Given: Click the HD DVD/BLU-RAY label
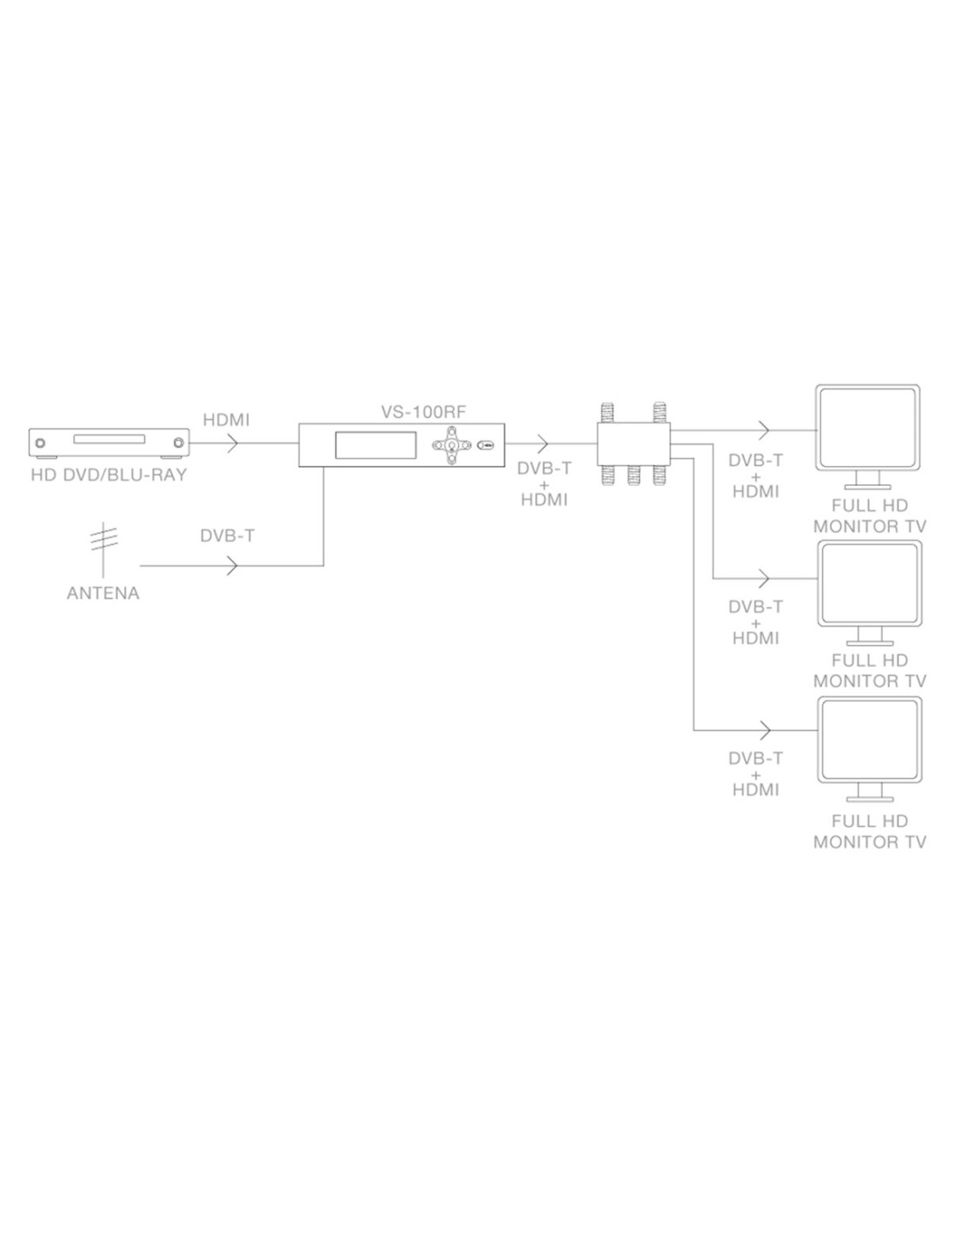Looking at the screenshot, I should [109, 475].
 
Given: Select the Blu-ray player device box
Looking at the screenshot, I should [109, 442].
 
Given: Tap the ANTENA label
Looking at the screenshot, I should [103, 594].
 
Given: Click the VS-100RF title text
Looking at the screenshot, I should [424, 412].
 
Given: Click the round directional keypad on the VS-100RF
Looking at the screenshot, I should [451, 445].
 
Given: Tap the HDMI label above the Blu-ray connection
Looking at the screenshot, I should [226, 420].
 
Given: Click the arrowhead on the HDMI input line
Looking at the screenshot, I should [232, 443].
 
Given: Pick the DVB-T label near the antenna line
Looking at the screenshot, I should [227, 536].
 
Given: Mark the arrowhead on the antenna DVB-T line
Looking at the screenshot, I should [232, 566].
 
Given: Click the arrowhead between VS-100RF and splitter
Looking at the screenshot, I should [543, 443].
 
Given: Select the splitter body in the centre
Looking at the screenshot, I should [634, 444].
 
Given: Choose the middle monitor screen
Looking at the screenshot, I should [869, 583].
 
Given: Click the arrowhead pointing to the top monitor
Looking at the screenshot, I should [765, 429].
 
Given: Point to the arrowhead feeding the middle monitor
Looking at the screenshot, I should [765, 578].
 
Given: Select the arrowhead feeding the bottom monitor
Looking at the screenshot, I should [765, 728].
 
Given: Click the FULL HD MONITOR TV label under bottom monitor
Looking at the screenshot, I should [869, 832].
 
